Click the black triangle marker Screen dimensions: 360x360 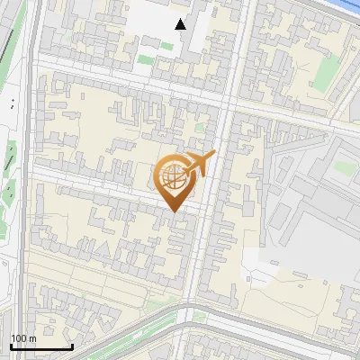(x=181, y=24)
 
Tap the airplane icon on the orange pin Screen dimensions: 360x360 (x=200, y=164)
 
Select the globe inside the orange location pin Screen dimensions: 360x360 (x=174, y=177)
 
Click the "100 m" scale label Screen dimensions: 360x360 (x=23, y=338)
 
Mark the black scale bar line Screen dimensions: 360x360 (x=41, y=346)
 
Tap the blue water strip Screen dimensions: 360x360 (x=346, y=6)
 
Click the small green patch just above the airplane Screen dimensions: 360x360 (x=200, y=127)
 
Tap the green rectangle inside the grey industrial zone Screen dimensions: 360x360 (x=342, y=167)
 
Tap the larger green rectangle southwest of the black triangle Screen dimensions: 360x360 (x=145, y=60)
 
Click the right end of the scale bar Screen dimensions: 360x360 (x=72, y=346)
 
